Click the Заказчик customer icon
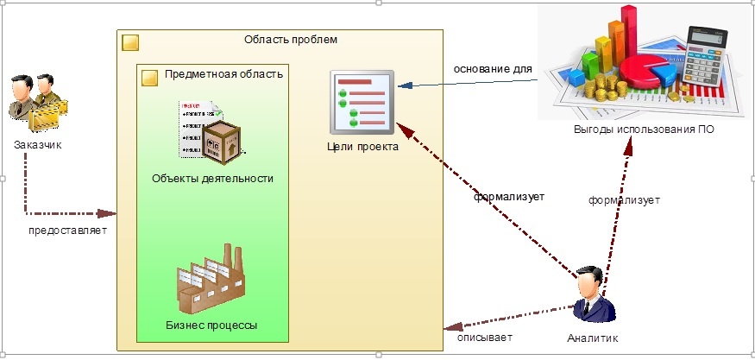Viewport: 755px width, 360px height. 38,103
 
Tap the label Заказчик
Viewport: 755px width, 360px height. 38,145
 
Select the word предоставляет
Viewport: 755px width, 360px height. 67,231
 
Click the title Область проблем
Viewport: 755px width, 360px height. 290,40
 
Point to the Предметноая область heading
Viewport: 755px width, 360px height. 223,74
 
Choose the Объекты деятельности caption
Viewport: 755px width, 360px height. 212,179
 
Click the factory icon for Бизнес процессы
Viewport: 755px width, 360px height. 211,279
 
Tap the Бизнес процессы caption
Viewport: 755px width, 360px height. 211,325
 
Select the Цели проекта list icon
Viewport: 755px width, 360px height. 362,102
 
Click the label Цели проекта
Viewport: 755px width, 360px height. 362,147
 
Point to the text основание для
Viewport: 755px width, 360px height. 493,69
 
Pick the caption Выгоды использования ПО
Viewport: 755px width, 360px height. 644,129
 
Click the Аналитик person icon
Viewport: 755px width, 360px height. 594,294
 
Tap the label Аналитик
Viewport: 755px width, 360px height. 593,338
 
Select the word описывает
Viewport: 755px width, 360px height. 485,338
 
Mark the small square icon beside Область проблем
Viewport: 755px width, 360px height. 130,42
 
